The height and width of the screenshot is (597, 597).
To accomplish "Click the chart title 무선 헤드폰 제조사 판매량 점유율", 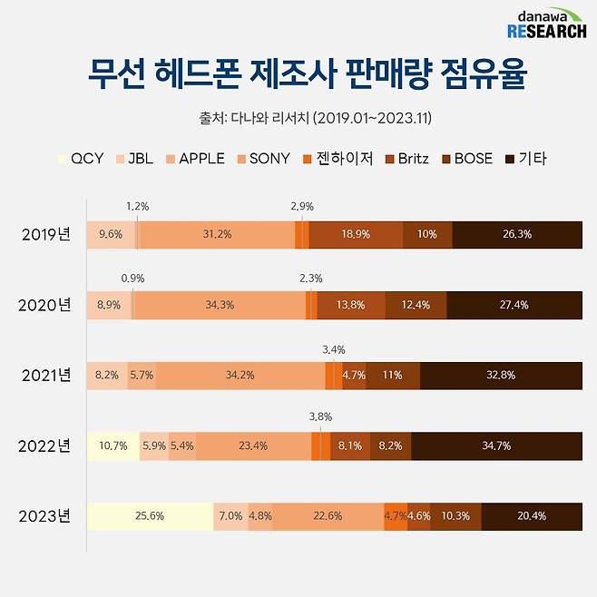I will tap(298, 75).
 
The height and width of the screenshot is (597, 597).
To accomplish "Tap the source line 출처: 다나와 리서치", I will tap(298, 118).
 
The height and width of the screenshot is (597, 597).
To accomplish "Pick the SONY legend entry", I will tap(262, 159).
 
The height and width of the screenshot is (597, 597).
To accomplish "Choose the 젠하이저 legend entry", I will tap(340, 159).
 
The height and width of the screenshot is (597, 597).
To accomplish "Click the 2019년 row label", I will tap(46, 234).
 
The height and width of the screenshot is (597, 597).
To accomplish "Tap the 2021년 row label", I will tap(46, 375).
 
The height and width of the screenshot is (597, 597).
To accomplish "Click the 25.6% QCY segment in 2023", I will tap(150, 516).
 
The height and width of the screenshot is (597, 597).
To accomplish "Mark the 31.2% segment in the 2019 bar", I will tap(217, 234).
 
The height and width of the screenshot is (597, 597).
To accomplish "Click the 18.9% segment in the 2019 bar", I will tap(356, 234).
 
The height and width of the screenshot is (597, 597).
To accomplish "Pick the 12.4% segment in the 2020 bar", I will tap(416, 305).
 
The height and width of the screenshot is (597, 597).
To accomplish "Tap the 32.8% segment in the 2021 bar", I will tap(501, 375).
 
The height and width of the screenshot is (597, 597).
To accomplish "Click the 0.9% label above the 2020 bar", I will tap(132, 278).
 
